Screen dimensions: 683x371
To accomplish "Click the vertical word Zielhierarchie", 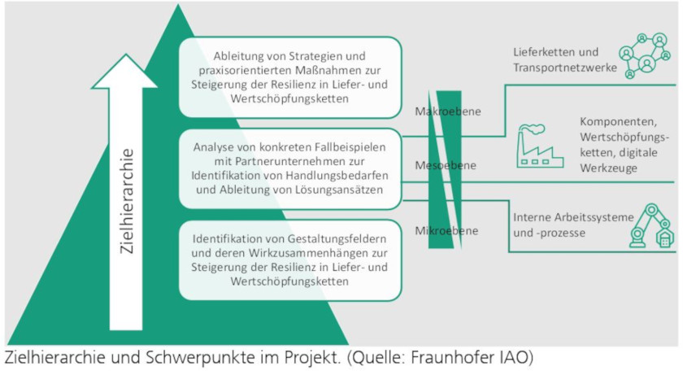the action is point(126,201).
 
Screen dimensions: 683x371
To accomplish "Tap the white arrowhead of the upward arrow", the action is point(125,71).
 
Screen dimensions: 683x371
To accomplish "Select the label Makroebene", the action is point(448,111).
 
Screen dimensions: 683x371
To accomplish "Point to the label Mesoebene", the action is point(446,166).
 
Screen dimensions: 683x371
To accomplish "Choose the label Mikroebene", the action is point(446,230).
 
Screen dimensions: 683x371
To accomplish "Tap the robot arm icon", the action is point(651,225).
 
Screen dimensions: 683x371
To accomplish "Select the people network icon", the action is point(644,55).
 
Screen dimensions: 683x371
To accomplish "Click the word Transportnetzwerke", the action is point(565,68).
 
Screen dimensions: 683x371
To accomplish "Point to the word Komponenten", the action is point(618,121).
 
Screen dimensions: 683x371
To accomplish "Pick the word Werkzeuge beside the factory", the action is point(608,168).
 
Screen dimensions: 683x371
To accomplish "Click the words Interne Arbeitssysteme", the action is point(573,217).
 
